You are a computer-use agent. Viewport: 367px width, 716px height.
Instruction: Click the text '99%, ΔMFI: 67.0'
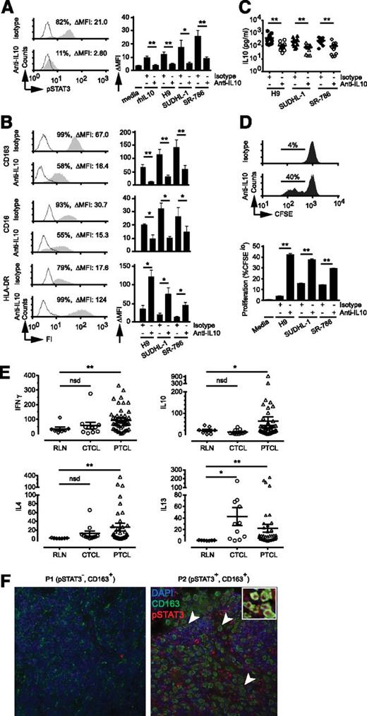(x=77, y=132)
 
